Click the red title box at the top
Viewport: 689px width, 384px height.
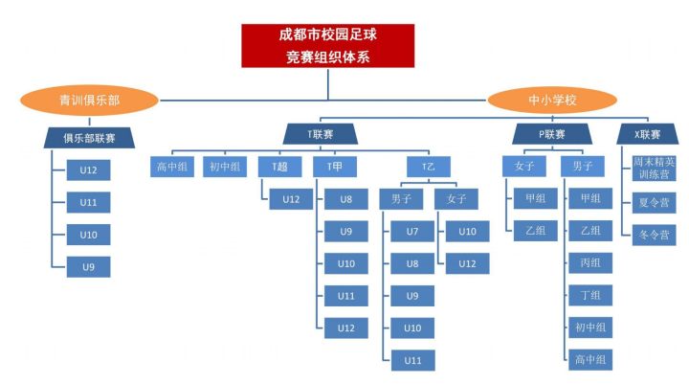[327, 45]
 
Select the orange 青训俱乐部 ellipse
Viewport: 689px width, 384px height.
[89, 99]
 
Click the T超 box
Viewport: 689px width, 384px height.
[279, 167]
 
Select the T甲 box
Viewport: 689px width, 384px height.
[336, 167]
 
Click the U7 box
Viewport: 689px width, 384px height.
[412, 231]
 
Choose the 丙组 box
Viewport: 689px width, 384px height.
[589, 263]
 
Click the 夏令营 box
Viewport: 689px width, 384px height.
[654, 202]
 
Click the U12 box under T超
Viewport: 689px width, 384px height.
[292, 199]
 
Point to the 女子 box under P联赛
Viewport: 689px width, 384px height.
[523, 167]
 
